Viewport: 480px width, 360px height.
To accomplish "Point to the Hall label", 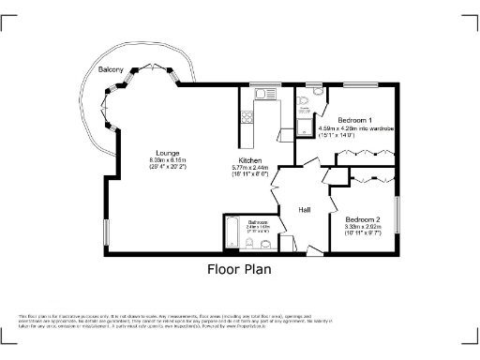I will (x=305, y=210).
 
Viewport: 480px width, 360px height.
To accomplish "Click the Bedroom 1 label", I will (x=355, y=121).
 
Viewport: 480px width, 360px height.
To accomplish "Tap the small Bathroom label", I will (x=243, y=222).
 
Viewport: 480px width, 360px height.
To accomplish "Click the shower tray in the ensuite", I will (x=305, y=122).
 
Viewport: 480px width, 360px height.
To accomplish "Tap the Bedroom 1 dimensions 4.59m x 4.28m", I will (x=356, y=128).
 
